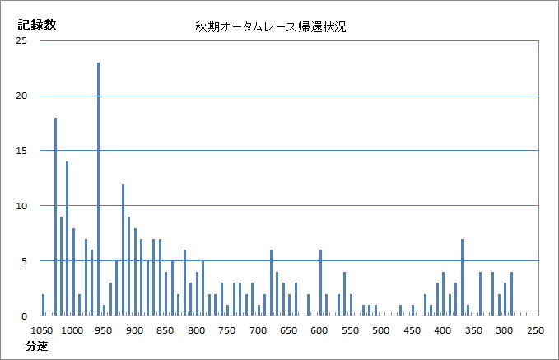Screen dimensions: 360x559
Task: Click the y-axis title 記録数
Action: coord(38,24)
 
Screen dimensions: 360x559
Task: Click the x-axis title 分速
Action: coord(35,347)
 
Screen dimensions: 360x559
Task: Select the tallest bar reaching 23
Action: coord(98,189)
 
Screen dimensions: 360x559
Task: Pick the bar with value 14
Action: coord(68,238)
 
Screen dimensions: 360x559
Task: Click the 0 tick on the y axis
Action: coord(25,316)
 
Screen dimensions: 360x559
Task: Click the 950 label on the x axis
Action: coord(103,330)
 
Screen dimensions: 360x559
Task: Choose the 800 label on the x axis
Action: coord(196,330)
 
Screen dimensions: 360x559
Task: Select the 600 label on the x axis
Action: coord(319,330)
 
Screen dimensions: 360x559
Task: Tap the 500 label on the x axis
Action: coord(381,330)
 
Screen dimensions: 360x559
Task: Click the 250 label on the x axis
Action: coord(535,330)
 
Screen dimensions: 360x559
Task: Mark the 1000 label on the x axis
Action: coord(72,330)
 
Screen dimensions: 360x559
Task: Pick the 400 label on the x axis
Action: coord(443,330)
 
